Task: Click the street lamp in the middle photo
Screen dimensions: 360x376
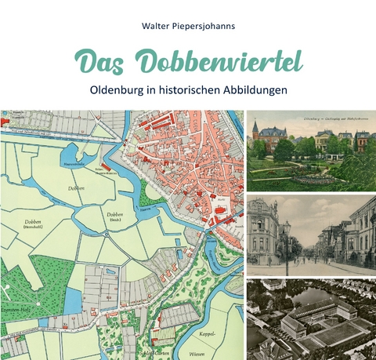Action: point(287,243)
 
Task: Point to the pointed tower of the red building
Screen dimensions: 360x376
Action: point(255,125)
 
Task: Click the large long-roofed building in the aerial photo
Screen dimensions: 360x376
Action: point(313,318)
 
